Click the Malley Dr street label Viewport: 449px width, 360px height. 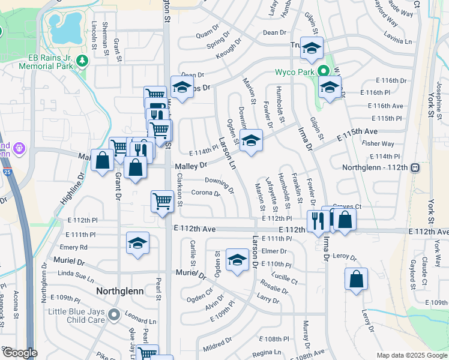(191, 165)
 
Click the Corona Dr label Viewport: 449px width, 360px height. (206, 193)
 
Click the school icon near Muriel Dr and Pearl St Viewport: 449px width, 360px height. (137, 244)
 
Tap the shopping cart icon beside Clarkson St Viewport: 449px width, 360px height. (162, 202)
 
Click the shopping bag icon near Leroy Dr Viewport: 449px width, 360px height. (357, 279)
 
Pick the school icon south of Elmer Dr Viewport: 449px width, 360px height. (237, 261)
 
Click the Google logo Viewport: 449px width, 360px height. (19, 353)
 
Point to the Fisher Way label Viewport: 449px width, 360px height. (379, 144)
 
